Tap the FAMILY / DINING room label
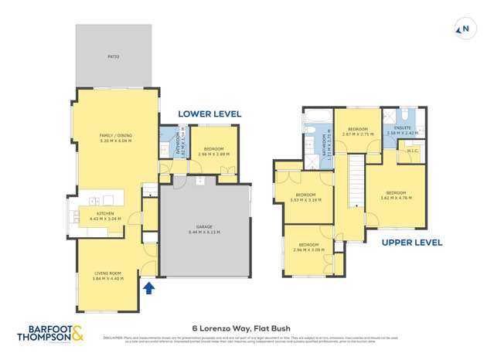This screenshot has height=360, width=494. pos(115,138)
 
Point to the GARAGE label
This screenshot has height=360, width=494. pos(203,229)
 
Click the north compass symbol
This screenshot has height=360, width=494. pos(465,29)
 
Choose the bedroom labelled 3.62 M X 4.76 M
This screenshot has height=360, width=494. pos(396,195)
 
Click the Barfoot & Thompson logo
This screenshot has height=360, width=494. pos(50,334)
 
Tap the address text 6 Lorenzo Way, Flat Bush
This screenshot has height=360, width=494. pos(247,327)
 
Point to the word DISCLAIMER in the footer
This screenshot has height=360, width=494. pos(113,338)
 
